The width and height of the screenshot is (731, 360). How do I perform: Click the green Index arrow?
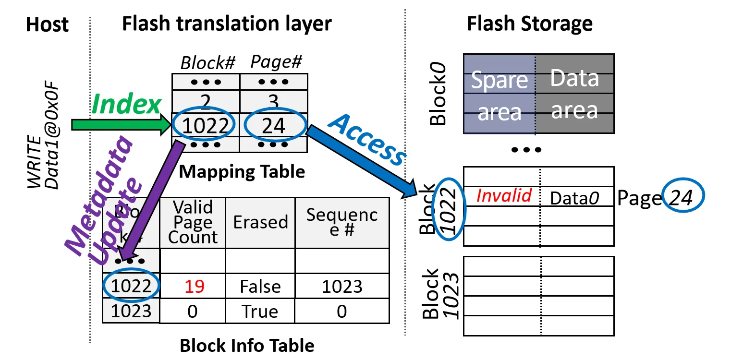point(120,125)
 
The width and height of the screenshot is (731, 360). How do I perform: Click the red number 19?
point(192,287)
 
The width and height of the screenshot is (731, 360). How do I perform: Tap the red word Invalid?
point(504,195)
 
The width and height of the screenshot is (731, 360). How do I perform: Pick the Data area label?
point(574,94)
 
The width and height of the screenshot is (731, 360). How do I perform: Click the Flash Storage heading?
point(529,24)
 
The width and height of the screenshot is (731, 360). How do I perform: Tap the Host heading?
point(47,24)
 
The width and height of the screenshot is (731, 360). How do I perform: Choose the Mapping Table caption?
point(242,172)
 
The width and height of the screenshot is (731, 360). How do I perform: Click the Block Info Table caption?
point(247,345)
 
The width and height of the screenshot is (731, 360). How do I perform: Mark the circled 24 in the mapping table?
point(275,126)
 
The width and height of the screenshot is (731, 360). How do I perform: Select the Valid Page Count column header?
point(193,222)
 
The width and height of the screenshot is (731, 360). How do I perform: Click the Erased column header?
point(260,222)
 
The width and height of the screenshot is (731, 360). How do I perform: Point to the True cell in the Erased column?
point(260,312)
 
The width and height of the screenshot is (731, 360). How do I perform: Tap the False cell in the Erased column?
point(260,287)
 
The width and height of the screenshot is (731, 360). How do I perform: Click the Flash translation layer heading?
point(227,24)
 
